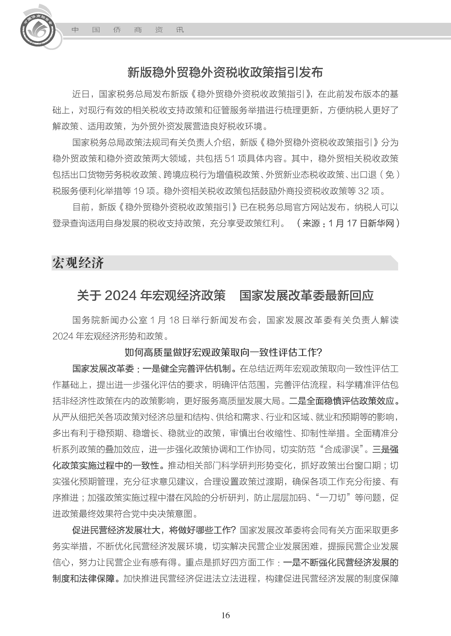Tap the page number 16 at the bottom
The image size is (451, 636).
[x=225, y=615]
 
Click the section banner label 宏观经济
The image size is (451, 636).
[x=78, y=263]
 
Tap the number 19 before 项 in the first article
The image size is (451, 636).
[x=139, y=191]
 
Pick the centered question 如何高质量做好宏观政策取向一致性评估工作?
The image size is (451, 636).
[x=223, y=353]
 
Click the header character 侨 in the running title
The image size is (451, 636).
[x=117, y=30]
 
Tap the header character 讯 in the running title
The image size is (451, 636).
[x=180, y=30]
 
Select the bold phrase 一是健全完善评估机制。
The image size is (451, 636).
[x=190, y=369]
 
